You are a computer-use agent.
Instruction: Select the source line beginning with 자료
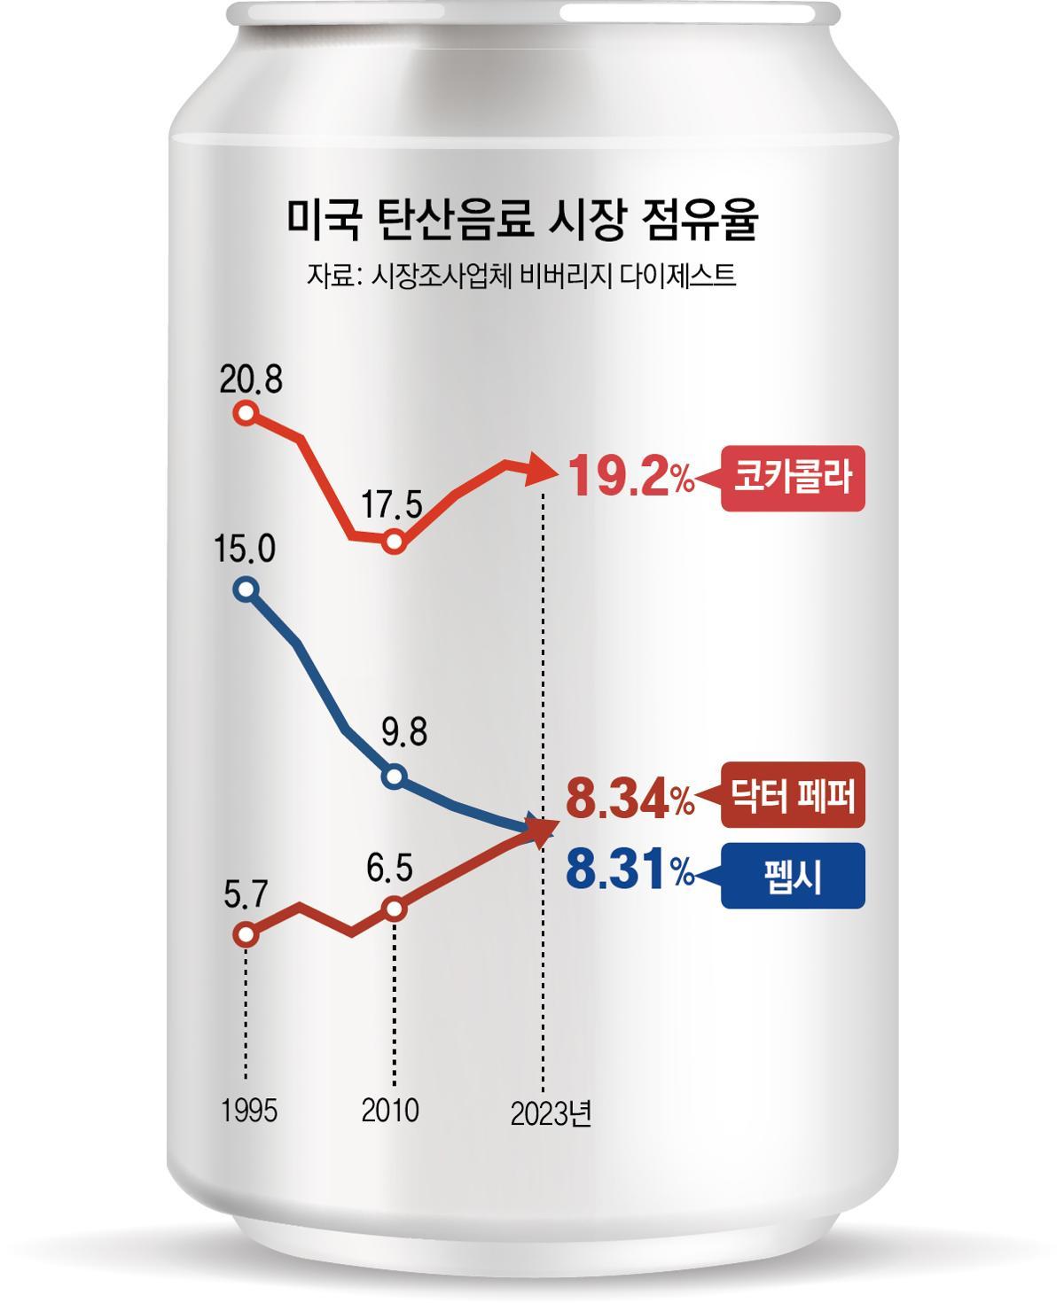tap(521, 275)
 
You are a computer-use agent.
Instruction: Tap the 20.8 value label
tap(251, 381)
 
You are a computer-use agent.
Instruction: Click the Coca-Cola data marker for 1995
tap(246, 413)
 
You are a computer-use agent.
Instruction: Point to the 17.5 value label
tap(393, 506)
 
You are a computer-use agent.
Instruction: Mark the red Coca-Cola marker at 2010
tap(395, 542)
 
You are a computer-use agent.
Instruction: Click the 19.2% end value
tap(630, 479)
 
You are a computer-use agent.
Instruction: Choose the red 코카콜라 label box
tap(792, 479)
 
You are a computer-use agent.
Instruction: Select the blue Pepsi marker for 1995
tap(246, 589)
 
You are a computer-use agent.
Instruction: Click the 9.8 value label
tap(404, 734)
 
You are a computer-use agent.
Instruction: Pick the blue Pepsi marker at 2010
tap(395, 777)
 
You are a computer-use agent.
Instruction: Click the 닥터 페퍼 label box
tap(792, 796)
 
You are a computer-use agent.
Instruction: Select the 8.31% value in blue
tap(630, 873)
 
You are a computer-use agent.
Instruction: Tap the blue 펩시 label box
tap(792, 876)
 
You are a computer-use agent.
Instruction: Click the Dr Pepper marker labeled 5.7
tap(246, 934)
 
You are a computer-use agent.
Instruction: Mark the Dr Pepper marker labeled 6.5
tap(395, 909)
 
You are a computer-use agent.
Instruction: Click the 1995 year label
tap(249, 1111)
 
